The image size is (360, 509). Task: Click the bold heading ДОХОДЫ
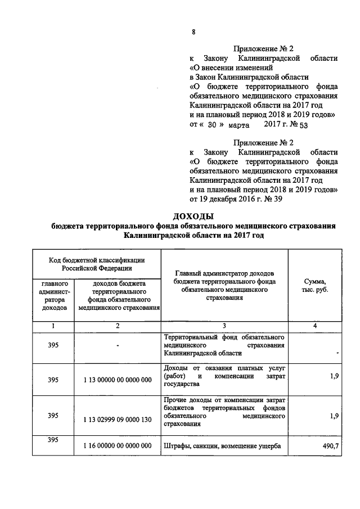click(x=193, y=217)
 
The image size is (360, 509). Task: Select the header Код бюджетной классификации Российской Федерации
click(x=97, y=264)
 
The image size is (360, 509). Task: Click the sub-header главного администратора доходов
click(x=53, y=296)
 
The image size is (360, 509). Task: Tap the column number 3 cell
click(x=224, y=326)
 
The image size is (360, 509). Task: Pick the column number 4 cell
click(x=314, y=326)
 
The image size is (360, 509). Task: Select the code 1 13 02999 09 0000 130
click(x=118, y=417)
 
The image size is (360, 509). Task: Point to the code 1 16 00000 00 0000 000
click(x=118, y=446)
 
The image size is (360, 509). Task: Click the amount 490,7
click(x=328, y=446)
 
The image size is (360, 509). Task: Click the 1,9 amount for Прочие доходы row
click(x=334, y=417)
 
